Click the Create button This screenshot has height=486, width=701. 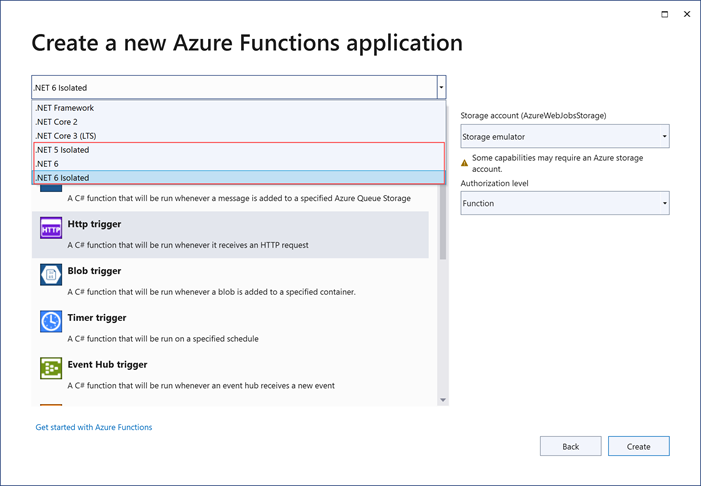point(638,446)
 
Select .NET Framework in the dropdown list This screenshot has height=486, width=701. point(65,108)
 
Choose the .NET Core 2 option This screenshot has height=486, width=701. point(57,122)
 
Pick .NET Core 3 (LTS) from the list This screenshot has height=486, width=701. point(66,136)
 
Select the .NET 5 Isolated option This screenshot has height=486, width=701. point(62,150)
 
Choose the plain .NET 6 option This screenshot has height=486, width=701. point(47,164)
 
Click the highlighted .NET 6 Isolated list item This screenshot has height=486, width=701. point(62,178)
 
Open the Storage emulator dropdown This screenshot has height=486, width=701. point(564,136)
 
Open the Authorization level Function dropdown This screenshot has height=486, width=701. point(564,203)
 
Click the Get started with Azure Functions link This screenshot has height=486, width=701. point(94,427)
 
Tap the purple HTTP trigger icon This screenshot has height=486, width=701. point(51,229)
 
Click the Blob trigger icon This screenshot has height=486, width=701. point(51,275)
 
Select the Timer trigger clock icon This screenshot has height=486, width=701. point(51,321)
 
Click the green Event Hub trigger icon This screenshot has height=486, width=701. point(51,369)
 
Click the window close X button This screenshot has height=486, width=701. point(687,14)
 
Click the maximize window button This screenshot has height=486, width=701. point(665,14)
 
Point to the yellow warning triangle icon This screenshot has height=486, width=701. point(464,162)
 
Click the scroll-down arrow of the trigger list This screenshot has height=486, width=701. point(443,400)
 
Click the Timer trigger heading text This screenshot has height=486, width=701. point(97,318)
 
